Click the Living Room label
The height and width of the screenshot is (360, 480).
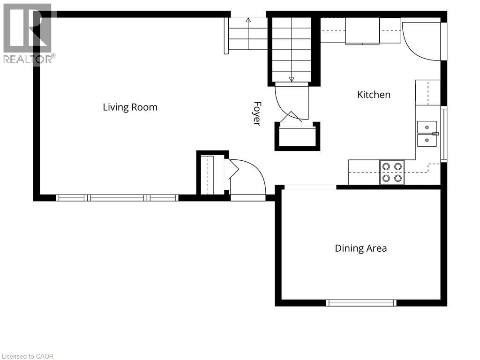tap(130, 107)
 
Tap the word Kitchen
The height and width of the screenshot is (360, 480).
tap(374, 95)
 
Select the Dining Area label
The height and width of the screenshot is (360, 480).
tap(361, 248)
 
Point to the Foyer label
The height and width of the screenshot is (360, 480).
tap(257, 113)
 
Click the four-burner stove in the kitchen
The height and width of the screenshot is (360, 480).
tap(392, 172)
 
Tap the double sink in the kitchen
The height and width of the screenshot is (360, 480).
tap(427, 134)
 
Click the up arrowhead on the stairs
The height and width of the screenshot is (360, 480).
tap(248, 20)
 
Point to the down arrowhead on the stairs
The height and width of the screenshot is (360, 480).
tap(292, 79)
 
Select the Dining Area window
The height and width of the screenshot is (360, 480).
tap(361, 303)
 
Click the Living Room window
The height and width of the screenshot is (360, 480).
tap(117, 198)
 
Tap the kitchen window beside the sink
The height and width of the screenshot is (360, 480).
tap(443, 134)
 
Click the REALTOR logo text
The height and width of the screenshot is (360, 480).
tap(30, 59)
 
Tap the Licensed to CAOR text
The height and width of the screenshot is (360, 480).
tap(28, 356)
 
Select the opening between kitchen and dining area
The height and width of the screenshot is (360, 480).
tap(310, 187)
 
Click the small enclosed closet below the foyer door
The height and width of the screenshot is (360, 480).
tap(297, 136)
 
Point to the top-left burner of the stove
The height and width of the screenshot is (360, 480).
tap(386, 166)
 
